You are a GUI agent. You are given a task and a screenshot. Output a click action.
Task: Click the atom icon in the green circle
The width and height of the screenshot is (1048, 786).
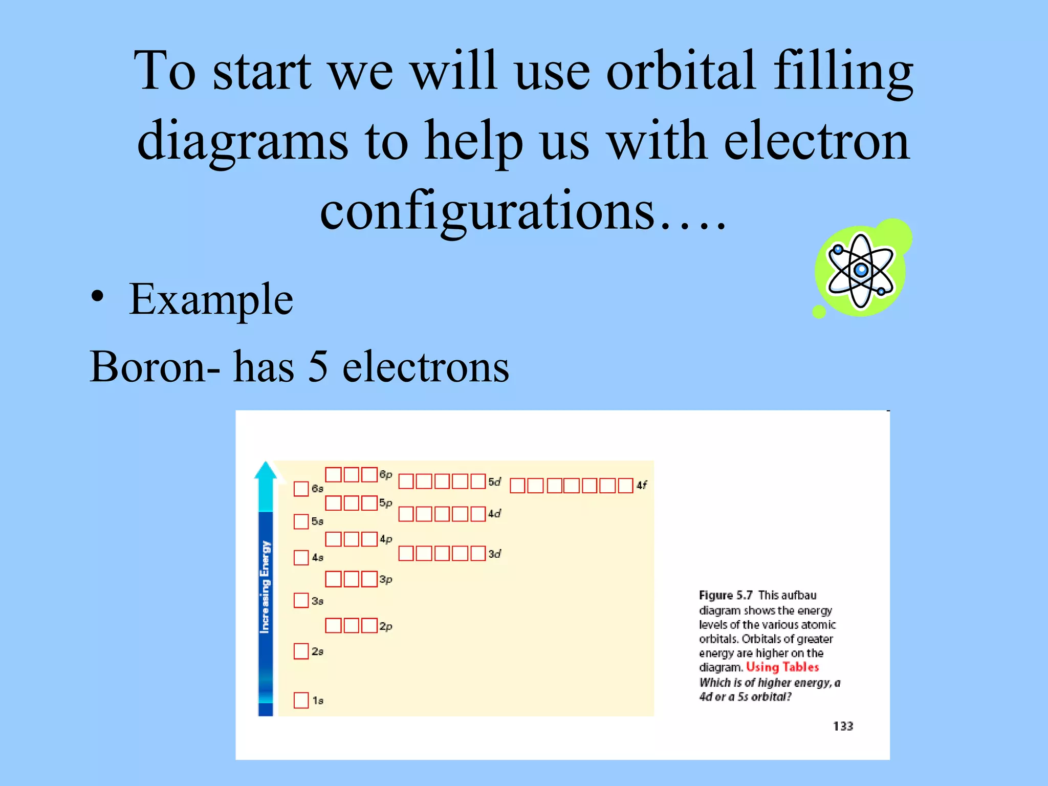point(861,270)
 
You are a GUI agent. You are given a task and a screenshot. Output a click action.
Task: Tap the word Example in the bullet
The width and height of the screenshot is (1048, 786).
point(211,299)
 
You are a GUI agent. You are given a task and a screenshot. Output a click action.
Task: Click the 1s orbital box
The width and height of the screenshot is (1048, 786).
point(301,700)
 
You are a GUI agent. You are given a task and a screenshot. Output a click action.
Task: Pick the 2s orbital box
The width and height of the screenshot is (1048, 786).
point(301,651)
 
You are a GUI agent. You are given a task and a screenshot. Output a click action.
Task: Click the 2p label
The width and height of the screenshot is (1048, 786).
point(386,626)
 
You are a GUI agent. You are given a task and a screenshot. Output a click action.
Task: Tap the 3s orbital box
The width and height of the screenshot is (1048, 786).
point(301,600)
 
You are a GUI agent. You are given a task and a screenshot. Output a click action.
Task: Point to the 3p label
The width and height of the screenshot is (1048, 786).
point(386,579)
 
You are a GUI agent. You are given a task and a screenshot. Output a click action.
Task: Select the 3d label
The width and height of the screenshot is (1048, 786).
point(494,554)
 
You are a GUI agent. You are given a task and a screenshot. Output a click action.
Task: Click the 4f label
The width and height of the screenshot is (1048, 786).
point(641,485)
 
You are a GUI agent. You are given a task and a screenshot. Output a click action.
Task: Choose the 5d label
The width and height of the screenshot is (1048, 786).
point(494,482)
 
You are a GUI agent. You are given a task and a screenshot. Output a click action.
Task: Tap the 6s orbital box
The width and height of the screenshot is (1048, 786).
point(301,489)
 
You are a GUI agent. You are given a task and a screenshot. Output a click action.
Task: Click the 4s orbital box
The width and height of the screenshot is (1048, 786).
point(301,557)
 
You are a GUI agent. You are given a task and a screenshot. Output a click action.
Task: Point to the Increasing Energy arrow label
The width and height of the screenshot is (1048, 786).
point(265,586)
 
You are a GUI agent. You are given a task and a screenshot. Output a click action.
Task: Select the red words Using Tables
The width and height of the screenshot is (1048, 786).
point(782,667)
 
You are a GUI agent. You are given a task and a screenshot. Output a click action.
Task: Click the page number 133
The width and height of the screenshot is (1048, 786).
point(843,726)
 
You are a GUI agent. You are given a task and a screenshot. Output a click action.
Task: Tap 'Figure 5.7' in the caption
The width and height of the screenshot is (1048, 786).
point(726,595)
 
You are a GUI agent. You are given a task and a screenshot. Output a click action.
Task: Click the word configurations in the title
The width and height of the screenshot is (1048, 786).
point(487,211)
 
